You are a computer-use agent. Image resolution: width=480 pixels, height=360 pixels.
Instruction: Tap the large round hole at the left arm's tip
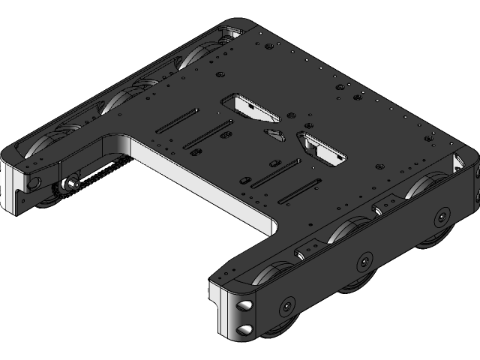click(x=34, y=182)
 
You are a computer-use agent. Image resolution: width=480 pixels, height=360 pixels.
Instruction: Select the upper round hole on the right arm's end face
click(x=244, y=306)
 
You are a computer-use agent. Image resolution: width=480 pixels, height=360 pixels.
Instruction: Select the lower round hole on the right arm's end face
click(x=244, y=328)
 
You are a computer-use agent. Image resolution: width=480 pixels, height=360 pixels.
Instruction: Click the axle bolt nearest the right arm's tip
click(x=286, y=307)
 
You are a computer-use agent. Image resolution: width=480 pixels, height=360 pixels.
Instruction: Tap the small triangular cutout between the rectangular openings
click(x=276, y=134)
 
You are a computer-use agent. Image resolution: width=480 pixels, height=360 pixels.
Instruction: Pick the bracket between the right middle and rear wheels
click(x=390, y=200)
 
